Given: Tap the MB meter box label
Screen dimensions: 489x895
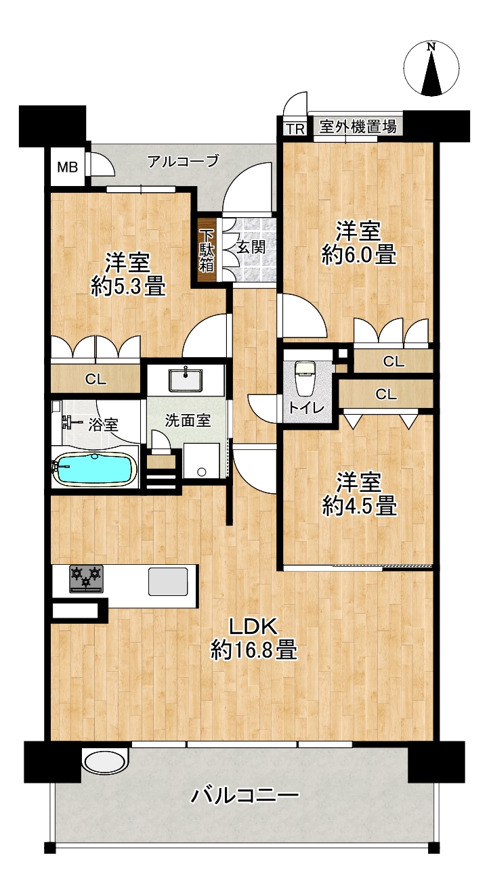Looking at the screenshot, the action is point(67,166).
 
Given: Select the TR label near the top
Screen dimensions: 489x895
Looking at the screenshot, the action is point(295,129).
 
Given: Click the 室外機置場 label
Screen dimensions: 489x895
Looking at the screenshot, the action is point(358,127).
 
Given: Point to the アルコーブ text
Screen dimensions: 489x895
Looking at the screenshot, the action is point(184,161).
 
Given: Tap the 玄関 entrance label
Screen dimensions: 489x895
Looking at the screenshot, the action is point(251,248).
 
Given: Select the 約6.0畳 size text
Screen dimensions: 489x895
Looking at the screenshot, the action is point(359,255).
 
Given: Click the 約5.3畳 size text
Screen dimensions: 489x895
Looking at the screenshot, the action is point(128,286).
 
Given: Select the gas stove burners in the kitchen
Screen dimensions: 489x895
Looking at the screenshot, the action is point(86,578).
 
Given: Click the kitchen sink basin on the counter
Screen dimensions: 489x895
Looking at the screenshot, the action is point(168,581).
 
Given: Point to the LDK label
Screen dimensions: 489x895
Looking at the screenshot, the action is point(253,627).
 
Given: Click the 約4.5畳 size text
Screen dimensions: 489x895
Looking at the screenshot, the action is point(360,506).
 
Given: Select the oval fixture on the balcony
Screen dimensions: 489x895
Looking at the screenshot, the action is point(105,762).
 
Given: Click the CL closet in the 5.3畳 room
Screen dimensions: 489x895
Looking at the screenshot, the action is point(95,379).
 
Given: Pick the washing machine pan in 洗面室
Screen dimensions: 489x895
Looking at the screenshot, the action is point(201,461).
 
